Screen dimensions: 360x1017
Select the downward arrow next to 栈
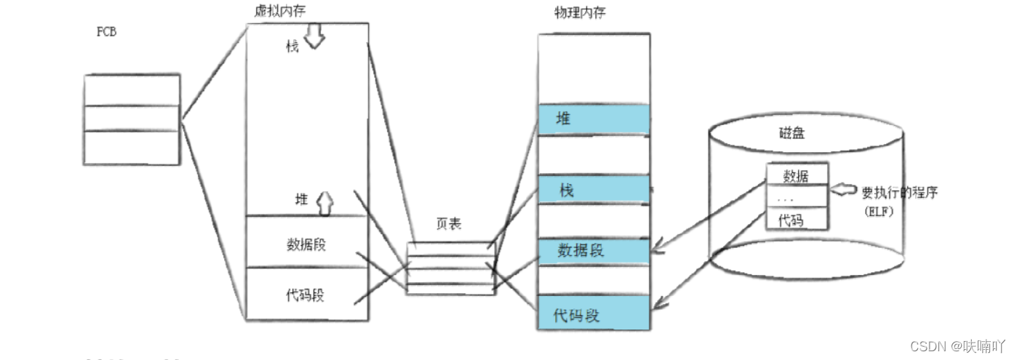pyautogui.click(x=314, y=39)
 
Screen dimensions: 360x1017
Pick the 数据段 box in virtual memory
pyautogui.click(x=306, y=243)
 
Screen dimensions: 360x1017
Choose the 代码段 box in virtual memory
pyautogui.click(x=305, y=295)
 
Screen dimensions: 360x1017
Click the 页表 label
pyautogui.click(x=448, y=225)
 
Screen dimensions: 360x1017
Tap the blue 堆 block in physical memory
pyautogui.click(x=594, y=119)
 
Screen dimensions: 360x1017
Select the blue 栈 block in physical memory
pyautogui.click(x=594, y=191)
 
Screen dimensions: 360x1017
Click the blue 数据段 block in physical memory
pyautogui.click(x=594, y=251)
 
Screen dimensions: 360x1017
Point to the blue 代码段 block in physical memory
pyautogui.click(x=594, y=315)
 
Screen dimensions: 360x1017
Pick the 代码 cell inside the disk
pyautogui.click(x=791, y=220)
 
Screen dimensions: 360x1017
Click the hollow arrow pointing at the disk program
pyautogui.click(x=844, y=191)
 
